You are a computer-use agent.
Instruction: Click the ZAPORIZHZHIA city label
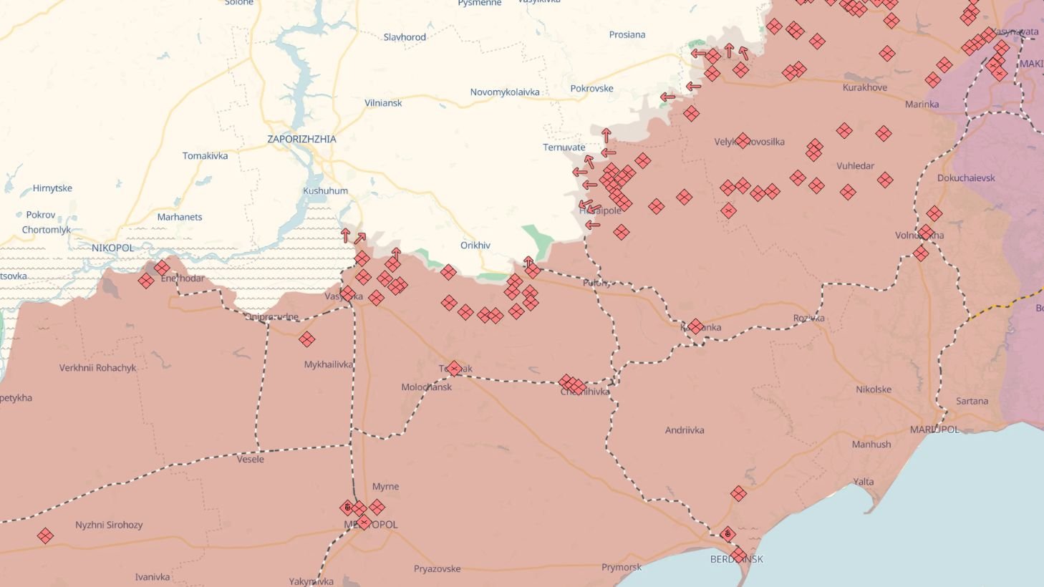[x=301, y=139]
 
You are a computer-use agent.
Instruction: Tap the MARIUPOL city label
[x=934, y=430]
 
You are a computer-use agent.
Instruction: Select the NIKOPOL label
[x=112, y=248]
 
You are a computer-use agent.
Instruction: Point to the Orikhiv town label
[x=475, y=246]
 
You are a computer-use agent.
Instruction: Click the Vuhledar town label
[x=855, y=166]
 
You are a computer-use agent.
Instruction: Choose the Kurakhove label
[x=864, y=87]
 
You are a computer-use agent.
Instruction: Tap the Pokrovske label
[x=591, y=89]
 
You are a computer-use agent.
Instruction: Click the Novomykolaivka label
[x=505, y=92]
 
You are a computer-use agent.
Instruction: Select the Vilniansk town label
[x=383, y=103]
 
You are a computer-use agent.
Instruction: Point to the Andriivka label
[x=685, y=430]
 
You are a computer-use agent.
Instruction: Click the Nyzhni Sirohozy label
[x=109, y=525]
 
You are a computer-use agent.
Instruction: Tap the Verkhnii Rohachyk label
[x=97, y=368]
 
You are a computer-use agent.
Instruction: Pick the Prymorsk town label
[x=622, y=568]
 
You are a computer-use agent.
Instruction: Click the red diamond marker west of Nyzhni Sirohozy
[x=45, y=535]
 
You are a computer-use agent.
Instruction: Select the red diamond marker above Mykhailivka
[x=307, y=339]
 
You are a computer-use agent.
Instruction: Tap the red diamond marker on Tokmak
[x=454, y=369]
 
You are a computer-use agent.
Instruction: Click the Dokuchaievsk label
[x=966, y=178]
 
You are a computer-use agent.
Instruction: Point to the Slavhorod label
[x=405, y=37]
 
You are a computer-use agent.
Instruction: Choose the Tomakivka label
[x=205, y=156]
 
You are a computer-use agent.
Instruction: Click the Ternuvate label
[x=564, y=147]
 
